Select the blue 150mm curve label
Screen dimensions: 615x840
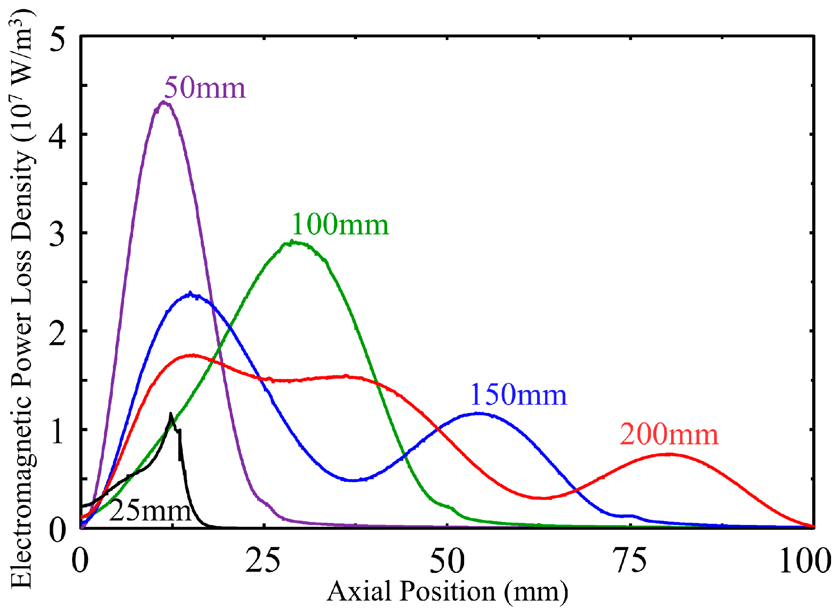point(518,395)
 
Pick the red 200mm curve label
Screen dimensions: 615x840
point(669,434)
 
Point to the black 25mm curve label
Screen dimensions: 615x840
point(151,511)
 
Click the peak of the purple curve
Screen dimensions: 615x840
point(164,102)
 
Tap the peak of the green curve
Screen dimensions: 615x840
point(292,242)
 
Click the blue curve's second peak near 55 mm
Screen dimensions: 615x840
point(478,413)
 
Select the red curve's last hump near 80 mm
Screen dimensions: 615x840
point(668,454)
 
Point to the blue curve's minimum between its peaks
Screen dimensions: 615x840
point(354,480)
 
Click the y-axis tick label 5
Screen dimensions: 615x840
point(57,39)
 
